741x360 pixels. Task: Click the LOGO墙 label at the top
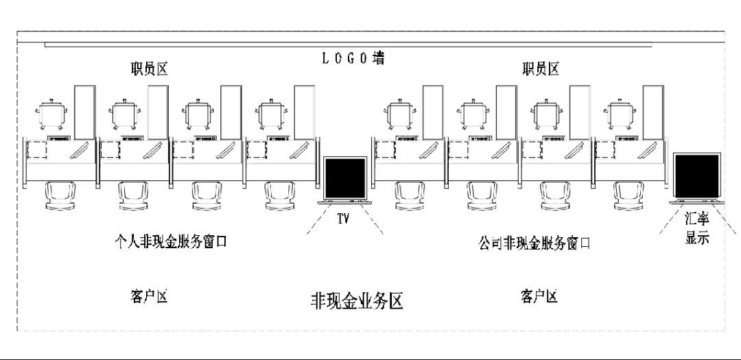pyautogui.click(x=353, y=58)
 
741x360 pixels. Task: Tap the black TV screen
pyautogui.click(x=345, y=179)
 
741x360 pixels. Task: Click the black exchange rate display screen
pyautogui.click(x=696, y=176)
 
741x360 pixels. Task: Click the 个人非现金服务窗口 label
pyautogui.click(x=170, y=242)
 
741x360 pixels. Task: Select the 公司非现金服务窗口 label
pyautogui.click(x=534, y=243)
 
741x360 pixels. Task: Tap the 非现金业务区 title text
pyautogui.click(x=357, y=300)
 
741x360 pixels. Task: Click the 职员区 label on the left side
pyautogui.click(x=150, y=69)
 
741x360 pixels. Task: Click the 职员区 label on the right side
pyautogui.click(x=540, y=69)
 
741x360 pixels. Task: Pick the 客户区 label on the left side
pyautogui.click(x=148, y=296)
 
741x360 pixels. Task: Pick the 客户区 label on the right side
pyautogui.click(x=539, y=296)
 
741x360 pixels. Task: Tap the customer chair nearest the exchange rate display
pyautogui.click(x=628, y=195)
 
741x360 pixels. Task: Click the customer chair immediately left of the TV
pyautogui.click(x=279, y=195)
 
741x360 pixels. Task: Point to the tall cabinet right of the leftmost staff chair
pyautogui.click(x=84, y=111)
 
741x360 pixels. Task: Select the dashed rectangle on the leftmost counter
pyautogui.click(x=36, y=149)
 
